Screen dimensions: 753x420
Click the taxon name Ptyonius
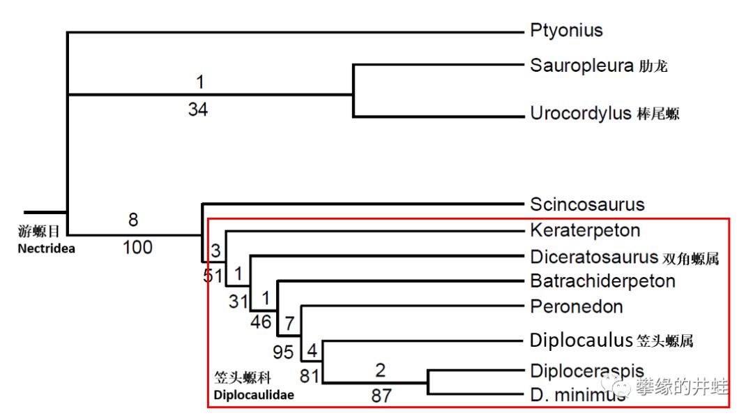(566, 31)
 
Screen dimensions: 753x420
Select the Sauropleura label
(581, 66)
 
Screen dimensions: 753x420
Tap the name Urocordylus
(581, 114)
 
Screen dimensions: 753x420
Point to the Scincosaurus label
(587, 204)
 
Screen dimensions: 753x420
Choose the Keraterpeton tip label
(585, 231)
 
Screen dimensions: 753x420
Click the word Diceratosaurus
(594, 257)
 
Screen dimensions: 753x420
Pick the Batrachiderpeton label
(602, 281)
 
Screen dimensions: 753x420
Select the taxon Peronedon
(577, 306)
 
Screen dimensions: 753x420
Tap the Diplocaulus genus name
(581, 340)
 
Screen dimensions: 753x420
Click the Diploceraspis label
(587, 371)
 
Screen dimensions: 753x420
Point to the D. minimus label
(578, 395)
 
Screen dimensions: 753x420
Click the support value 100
(137, 248)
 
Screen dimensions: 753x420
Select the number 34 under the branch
(198, 110)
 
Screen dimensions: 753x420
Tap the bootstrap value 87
(381, 396)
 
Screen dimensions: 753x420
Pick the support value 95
(283, 352)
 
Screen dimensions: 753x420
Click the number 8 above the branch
(133, 220)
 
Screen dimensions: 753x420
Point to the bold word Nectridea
(47, 249)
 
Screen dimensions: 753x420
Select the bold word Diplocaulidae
(254, 395)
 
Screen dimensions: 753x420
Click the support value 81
(310, 376)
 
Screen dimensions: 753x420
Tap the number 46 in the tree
(261, 322)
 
